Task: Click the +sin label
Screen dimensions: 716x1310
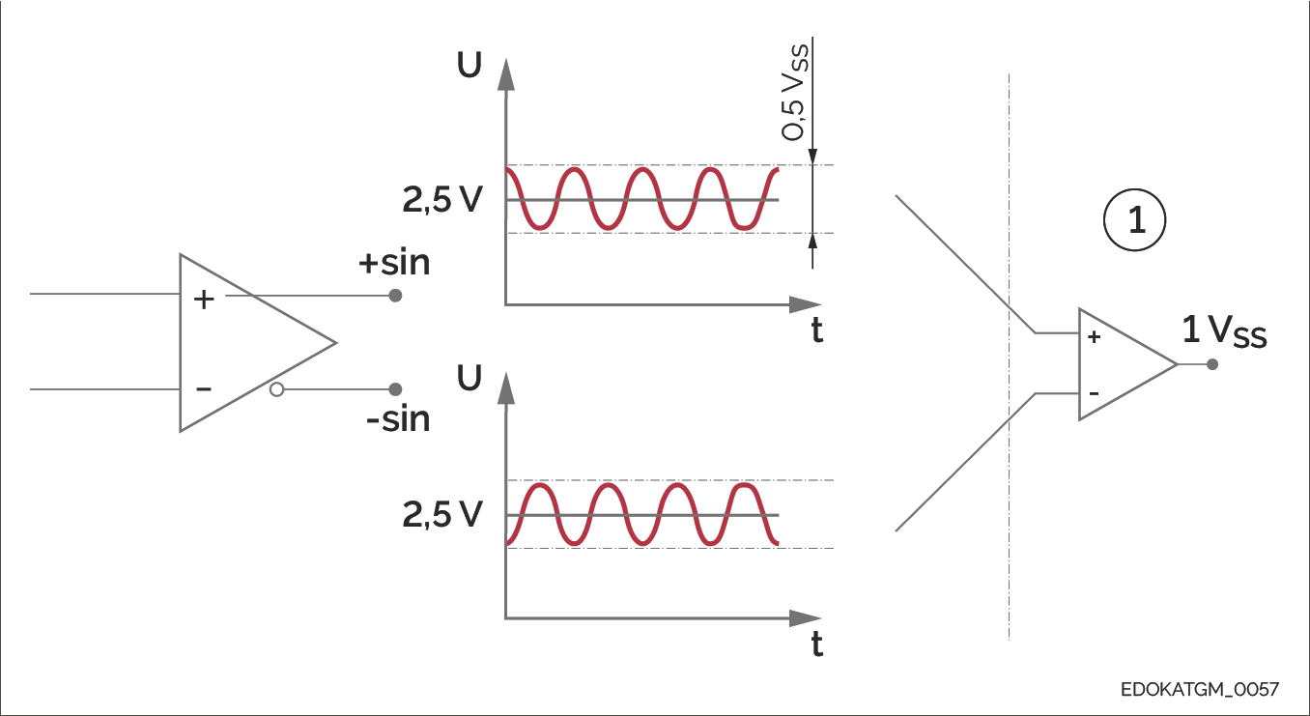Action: click(x=394, y=263)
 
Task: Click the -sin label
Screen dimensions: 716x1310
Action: click(x=398, y=420)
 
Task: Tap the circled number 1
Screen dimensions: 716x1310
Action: click(x=1136, y=221)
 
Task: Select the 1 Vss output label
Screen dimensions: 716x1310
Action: click(x=1224, y=332)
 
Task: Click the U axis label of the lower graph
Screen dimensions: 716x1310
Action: click(x=470, y=379)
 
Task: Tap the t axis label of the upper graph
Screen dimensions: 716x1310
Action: click(x=817, y=331)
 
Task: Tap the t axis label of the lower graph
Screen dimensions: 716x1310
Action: click(x=817, y=644)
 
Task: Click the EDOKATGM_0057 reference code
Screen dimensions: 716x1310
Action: click(x=1200, y=690)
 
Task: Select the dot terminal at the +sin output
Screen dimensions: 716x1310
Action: click(x=394, y=296)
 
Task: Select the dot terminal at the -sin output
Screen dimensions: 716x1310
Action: click(x=394, y=389)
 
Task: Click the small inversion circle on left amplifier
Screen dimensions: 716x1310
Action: click(x=277, y=390)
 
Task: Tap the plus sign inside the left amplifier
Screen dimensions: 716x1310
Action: click(x=204, y=300)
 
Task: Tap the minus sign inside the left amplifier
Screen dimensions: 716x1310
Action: click(x=204, y=388)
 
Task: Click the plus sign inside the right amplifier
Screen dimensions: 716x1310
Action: click(x=1094, y=337)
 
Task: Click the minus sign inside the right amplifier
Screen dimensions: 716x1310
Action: click(x=1094, y=393)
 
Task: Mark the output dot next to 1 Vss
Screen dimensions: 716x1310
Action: click(x=1212, y=364)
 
